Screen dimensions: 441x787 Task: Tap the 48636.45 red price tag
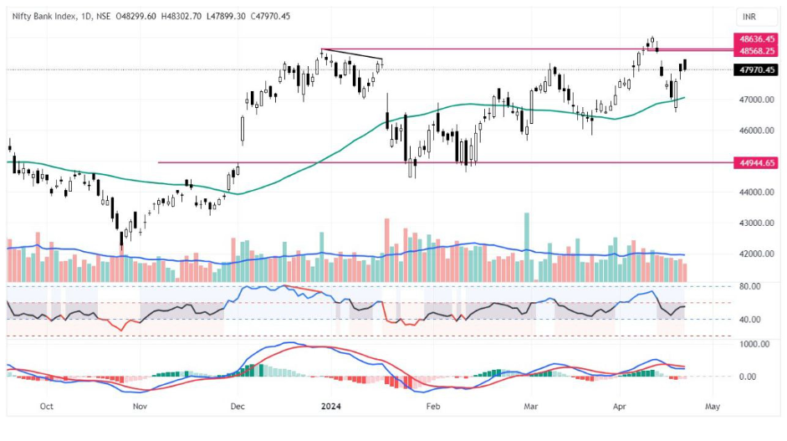755,39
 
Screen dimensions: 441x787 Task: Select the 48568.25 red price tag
755,51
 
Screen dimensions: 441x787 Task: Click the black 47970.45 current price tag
755,70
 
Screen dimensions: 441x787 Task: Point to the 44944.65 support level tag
755,162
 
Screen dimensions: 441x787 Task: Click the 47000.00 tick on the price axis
755,100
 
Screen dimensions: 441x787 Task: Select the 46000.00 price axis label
755,131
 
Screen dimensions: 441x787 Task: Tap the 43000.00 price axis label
755,223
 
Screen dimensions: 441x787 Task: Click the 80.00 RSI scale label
750,286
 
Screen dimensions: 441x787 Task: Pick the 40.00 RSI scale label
750,320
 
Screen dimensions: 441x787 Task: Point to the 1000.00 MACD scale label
754,344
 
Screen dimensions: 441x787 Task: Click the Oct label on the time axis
46,406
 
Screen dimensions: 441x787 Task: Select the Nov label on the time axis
140,406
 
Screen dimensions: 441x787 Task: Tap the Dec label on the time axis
237,406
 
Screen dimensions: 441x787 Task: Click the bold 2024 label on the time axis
333,406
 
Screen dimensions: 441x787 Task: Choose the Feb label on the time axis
432,406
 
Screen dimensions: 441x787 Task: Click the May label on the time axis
712,406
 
